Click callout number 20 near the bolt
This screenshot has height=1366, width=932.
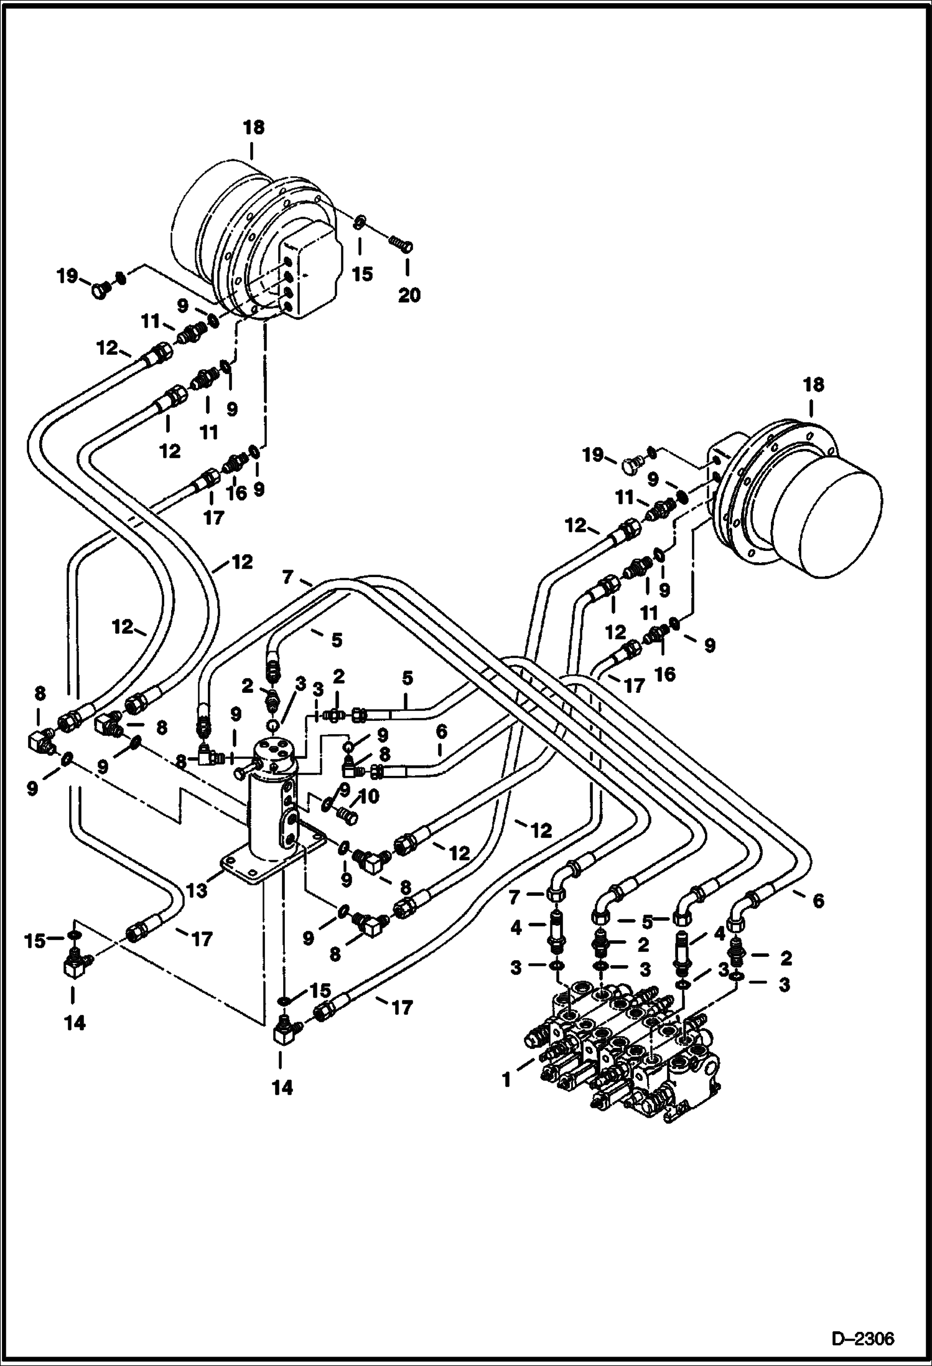[409, 294]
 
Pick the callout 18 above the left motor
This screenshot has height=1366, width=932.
[253, 128]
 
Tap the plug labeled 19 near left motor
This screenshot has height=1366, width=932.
[100, 290]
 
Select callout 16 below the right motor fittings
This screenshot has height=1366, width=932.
[664, 674]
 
